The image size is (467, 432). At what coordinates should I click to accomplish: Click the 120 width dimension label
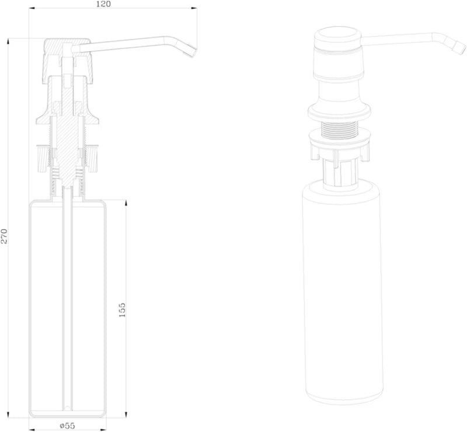click(103, 4)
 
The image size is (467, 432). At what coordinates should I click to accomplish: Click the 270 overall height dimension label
click(4, 236)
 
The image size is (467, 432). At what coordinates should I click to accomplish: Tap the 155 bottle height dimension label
click(122, 310)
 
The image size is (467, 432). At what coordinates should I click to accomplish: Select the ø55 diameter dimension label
click(67, 426)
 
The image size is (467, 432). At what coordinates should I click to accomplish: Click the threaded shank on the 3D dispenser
click(339, 130)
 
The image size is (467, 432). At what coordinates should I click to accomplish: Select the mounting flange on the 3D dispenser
click(339, 112)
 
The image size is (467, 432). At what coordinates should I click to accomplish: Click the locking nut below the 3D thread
click(339, 145)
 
